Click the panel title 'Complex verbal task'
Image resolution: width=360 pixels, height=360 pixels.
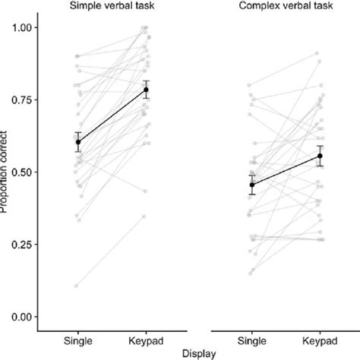(285, 5)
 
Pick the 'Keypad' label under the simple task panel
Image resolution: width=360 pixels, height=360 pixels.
(146, 337)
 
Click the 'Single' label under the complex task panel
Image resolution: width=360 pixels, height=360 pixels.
(251, 337)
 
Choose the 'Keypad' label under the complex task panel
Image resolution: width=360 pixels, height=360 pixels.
(319, 337)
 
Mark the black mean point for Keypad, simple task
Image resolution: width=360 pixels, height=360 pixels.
(146, 90)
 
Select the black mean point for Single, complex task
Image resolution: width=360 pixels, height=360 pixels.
(252, 185)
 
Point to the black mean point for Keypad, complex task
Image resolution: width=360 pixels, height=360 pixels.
(319, 156)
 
